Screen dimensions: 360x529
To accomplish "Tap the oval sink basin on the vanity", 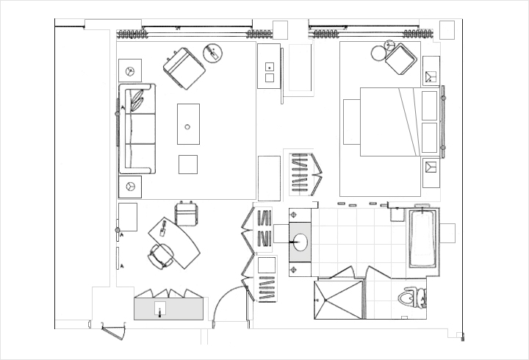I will pyautogui.click(x=301, y=242).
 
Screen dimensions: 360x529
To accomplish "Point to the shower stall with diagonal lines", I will pyautogui.click(x=339, y=300).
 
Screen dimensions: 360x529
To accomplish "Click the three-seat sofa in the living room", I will pyautogui.click(x=137, y=129).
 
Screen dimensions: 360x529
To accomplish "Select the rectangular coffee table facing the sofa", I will pyautogui.click(x=188, y=124).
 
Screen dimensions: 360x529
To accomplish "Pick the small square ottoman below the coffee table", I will pyautogui.click(x=188, y=164).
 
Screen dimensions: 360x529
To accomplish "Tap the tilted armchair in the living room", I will pyautogui.click(x=184, y=69).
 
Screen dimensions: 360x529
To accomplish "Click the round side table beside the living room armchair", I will pyautogui.click(x=212, y=53).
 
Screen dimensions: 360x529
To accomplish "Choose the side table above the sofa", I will pyautogui.click(x=130, y=71).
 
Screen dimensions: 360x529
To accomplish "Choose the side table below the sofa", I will pyautogui.click(x=130, y=186).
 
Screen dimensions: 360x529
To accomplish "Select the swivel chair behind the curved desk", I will pyautogui.click(x=160, y=256).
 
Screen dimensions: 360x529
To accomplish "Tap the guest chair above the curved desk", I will pyautogui.click(x=187, y=214).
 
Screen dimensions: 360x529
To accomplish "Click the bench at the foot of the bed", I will pyautogui.click(x=351, y=122).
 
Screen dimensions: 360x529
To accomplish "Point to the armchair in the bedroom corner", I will pyautogui.click(x=401, y=59).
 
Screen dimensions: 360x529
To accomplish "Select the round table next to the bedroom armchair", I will pyautogui.click(x=378, y=53).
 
